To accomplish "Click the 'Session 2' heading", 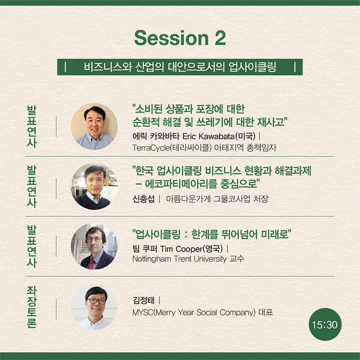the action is coord(180,38).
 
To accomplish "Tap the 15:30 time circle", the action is coord(325,324).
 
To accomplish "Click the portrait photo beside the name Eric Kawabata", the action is coord(94,126).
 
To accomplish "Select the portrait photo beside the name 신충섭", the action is coord(94,187).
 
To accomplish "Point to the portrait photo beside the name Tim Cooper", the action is coord(94,246).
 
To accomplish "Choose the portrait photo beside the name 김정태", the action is coord(94,307).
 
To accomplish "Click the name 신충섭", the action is coord(143,199).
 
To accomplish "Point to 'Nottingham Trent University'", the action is coord(180,259).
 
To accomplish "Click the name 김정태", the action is coord(143,300).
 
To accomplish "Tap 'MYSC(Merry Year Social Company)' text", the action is coord(194,312).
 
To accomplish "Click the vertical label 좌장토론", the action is coord(32,307).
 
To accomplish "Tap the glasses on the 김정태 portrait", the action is coord(96,301).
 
